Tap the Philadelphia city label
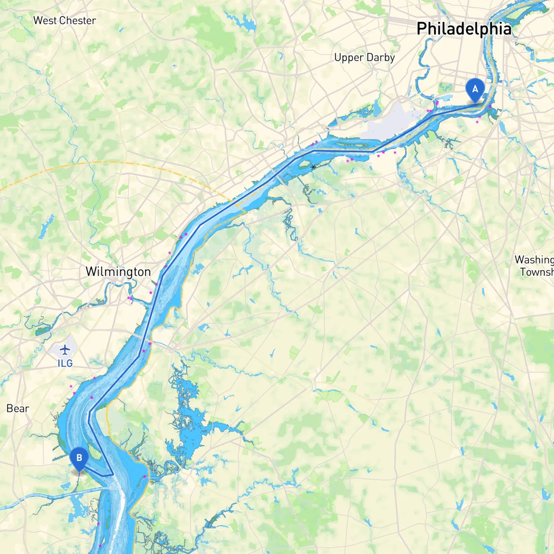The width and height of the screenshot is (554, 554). [x=464, y=29]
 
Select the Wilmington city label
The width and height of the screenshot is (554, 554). [x=118, y=272]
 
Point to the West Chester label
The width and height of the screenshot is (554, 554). [x=64, y=20]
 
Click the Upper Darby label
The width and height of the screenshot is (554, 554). [x=364, y=58]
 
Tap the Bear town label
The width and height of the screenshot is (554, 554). [x=18, y=409]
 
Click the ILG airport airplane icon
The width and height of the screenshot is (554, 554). [x=65, y=349]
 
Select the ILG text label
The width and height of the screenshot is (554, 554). [x=65, y=364]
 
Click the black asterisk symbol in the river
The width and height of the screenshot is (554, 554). [x=313, y=167]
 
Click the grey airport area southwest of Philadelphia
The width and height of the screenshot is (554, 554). [x=390, y=123]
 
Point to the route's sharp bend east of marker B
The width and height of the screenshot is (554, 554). [x=113, y=474]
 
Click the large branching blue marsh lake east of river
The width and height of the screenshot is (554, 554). [x=190, y=433]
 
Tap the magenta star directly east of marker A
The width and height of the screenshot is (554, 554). [x=490, y=106]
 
